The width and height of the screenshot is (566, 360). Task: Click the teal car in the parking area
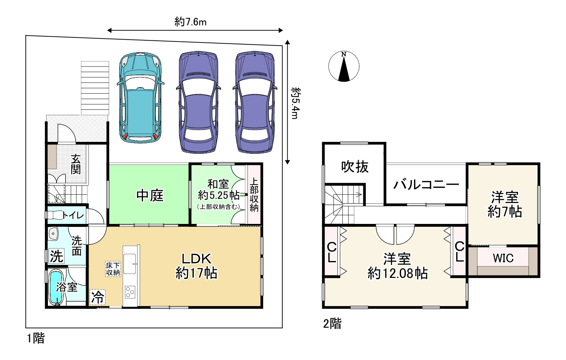[x=140, y=98]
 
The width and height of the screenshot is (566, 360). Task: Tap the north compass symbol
[x=343, y=67]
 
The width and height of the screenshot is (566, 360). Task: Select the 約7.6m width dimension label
[x=190, y=22]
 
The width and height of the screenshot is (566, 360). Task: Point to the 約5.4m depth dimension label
[x=295, y=103]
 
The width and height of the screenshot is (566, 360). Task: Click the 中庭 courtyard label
[x=150, y=195]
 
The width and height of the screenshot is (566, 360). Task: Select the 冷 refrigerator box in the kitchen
[x=98, y=297]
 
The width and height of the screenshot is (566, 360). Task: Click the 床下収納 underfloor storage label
[x=113, y=269]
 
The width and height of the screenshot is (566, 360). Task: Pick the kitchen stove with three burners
[x=130, y=292]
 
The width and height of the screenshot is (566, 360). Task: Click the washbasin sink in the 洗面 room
[x=53, y=233]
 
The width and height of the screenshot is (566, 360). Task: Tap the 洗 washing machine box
[x=57, y=256]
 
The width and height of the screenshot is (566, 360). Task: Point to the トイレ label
[x=73, y=215]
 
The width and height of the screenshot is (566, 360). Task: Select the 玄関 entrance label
[x=76, y=164]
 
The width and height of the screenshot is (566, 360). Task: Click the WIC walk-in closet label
[x=503, y=258]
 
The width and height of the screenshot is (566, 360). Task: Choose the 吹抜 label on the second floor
[x=355, y=167]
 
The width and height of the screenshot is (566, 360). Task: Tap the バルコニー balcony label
[x=426, y=185]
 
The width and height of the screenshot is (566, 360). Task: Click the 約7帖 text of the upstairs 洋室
[x=504, y=212]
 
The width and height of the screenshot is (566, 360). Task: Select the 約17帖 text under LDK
[x=196, y=273]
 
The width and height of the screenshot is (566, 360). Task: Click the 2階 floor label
[x=332, y=324]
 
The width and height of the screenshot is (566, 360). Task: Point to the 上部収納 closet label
[x=254, y=194]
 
